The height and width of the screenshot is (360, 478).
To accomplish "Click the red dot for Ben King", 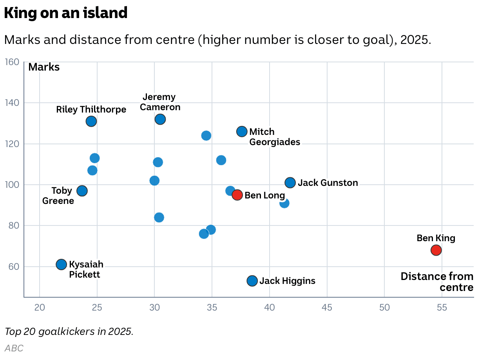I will tap(436, 250).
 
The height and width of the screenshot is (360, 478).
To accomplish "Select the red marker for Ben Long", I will tap(237, 195).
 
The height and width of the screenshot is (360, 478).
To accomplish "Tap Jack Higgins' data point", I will tap(252, 281).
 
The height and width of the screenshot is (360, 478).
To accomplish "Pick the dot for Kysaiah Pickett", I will tap(61, 264).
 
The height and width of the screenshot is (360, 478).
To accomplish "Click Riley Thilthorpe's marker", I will tap(91, 121).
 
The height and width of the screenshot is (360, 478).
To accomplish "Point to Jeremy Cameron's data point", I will tap(160, 119).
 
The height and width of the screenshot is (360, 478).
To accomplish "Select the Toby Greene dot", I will tap(82, 191).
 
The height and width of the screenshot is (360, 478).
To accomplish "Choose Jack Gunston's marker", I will tap(290, 183).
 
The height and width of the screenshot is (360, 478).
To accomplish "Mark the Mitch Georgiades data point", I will tap(242, 131).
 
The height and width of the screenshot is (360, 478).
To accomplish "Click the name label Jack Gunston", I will tap(328, 183).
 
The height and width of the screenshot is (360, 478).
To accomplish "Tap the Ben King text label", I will tap(436, 238).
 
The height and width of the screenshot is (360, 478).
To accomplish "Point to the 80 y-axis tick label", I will tap(14, 225).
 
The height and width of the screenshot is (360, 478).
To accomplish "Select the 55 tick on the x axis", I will tap(442, 307).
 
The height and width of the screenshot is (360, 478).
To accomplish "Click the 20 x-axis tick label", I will tap(40, 307).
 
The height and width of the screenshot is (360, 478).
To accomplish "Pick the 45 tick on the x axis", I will tap(327, 307).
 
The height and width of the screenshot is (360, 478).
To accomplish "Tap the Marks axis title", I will tap(44, 67).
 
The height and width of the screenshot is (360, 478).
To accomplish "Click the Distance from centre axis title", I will tap(437, 282).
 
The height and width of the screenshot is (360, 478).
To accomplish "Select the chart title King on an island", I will tap(66, 13).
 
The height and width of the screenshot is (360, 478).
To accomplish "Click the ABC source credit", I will tap(14, 348).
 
